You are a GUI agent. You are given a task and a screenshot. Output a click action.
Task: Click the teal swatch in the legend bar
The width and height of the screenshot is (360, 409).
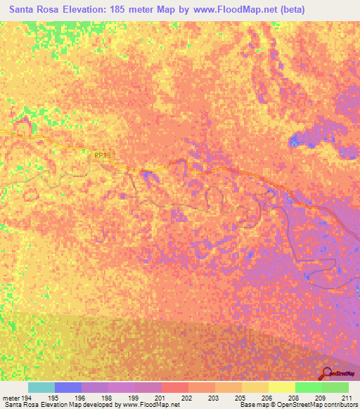click(41, 387)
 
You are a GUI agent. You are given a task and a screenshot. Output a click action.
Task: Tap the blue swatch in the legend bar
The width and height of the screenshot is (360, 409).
click(68, 387)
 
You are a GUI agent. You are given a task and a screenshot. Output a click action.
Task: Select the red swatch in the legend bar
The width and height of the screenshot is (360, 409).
click(174, 387)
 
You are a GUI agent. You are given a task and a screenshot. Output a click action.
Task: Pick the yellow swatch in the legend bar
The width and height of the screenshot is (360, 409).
click(281, 387)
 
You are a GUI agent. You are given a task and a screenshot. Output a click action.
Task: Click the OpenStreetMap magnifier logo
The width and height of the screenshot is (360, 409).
click(326, 373)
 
